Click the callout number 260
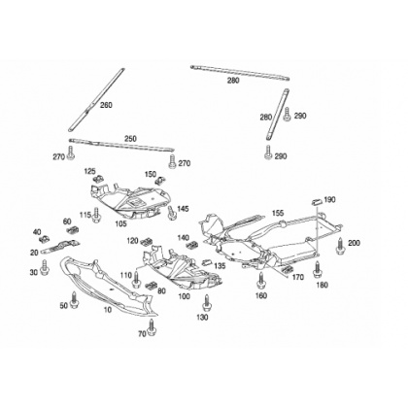106,105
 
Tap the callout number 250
130,139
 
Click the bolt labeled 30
45,268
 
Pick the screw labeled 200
340,247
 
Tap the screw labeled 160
260,281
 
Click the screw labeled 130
206,303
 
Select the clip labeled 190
316,201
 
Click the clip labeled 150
159,180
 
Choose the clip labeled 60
73,230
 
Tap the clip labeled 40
44,239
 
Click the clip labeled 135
207,262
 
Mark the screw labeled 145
172,213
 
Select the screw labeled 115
96,215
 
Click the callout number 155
278,213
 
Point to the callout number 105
122,223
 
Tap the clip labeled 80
152,286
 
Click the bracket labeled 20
61,247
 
